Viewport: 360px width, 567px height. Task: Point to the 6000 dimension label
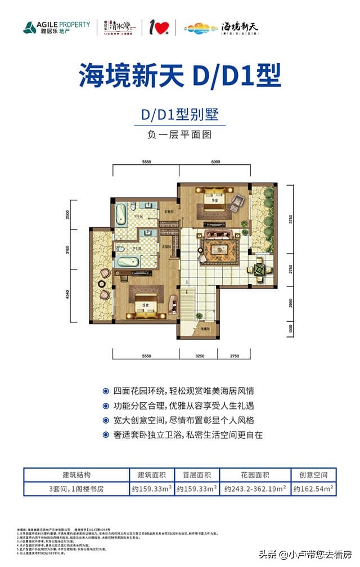[x=215, y=161]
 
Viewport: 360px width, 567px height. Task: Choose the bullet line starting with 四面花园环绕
[x=179, y=391]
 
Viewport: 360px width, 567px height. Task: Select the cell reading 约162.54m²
[x=314, y=489]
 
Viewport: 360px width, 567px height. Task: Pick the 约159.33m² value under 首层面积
[x=196, y=489]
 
